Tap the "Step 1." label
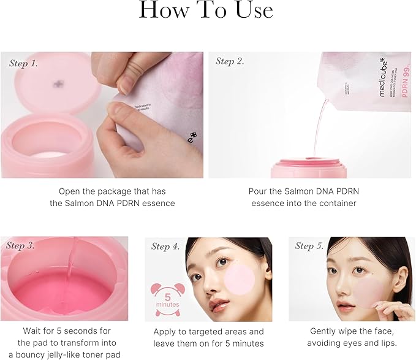click(x=24, y=63)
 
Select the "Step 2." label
click(x=230, y=61)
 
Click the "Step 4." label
click(x=165, y=247)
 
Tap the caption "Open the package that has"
click(x=112, y=191)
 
